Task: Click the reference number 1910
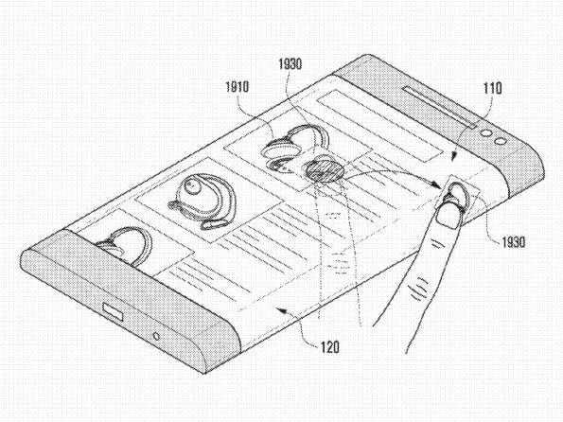(x=237, y=87)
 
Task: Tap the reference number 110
(x=493, y=88)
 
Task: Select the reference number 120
(x=329, y=347)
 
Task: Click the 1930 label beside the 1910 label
(x=290, y=64)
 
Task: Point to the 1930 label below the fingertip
(x=513, y=242)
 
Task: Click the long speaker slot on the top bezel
(x=440, y=107)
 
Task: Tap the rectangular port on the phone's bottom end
(x=114, y=311)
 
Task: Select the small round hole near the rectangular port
(x=156, y=337)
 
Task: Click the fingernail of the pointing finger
(x=449, y=214)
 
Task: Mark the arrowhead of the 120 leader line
(x=283, y=311)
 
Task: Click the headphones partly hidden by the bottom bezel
(x=124, y=246)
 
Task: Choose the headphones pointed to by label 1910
(x=294, y=148)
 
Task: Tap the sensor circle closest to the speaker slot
(x=486, y=133)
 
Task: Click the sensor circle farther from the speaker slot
(x=500, y=141)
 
